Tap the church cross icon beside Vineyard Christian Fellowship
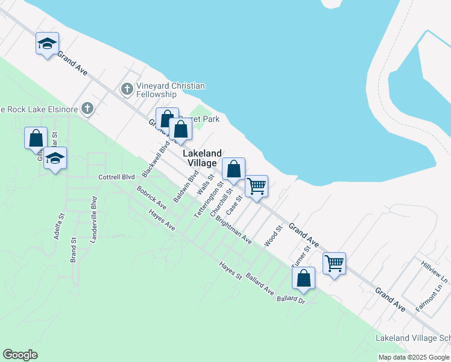click(x=127, y=90)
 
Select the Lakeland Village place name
click(x=202, y=158)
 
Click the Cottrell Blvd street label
click(x=116, y=177)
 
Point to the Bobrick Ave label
click(x=151, y=198)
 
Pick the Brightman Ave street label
click(x=233, y=231)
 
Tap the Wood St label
click(x=274, y=237)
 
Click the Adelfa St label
click(x=59, y=226)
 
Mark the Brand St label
click(x=74, y=249)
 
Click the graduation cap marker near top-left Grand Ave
click(x=47, y=44)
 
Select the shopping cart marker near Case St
click(x=257, y=186)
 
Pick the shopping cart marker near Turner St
click(x=334, y=264)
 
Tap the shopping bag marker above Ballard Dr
click(x=303, y=278)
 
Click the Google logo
click(x=20, y=355)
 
